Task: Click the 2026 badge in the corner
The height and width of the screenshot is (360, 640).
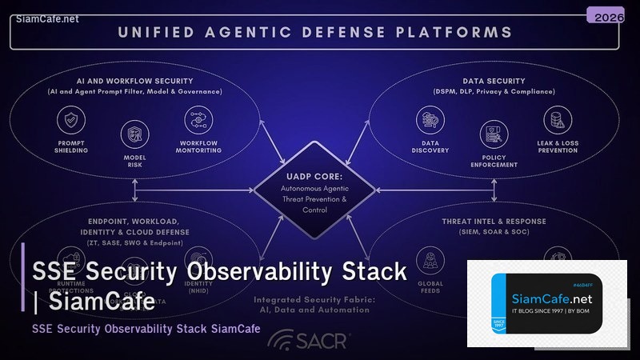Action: pyautogui.click(x=605, y=16)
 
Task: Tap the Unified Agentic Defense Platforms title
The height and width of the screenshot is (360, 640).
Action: pyautogui.click(x=314, y=33)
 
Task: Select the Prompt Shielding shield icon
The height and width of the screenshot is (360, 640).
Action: pyautogui.click(x=71, y=121)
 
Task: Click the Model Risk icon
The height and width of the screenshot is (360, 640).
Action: pyautogui.click(x=134, y=134)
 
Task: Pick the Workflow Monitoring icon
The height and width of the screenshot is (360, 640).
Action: pyautogui.click(x=198, y=121)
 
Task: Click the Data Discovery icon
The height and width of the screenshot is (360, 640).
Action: pyautogui.click(x=430, y=121)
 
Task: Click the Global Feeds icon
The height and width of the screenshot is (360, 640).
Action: pyautogui.click(x=430, y=258)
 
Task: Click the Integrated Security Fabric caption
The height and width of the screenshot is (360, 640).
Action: pyautogui.click(x=315, y=305)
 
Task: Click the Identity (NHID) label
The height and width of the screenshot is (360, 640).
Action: pyautogui.click(x=198, y=287)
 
